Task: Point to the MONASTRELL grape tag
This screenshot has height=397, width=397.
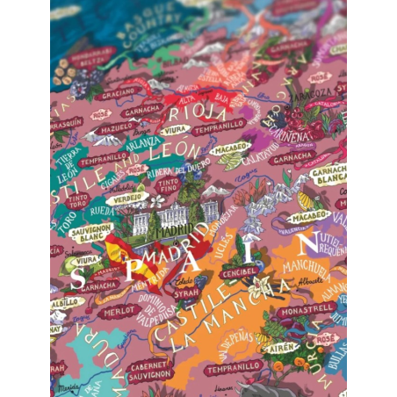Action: point(306,309)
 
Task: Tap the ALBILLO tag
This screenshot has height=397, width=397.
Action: point(67,301)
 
